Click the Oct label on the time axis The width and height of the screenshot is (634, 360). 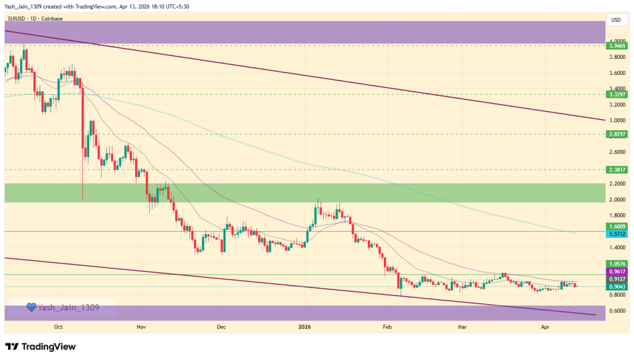click(59, 326)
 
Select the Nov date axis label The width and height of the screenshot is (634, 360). click(141, 326)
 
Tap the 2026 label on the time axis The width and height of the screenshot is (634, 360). click(304, 326)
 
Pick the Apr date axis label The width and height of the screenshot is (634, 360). click(545, 326)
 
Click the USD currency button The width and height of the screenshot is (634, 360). click(615, 20)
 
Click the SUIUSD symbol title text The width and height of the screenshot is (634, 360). click(19, 19)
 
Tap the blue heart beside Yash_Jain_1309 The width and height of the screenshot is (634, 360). click(30, 307)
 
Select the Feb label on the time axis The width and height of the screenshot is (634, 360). click(388, 326)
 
